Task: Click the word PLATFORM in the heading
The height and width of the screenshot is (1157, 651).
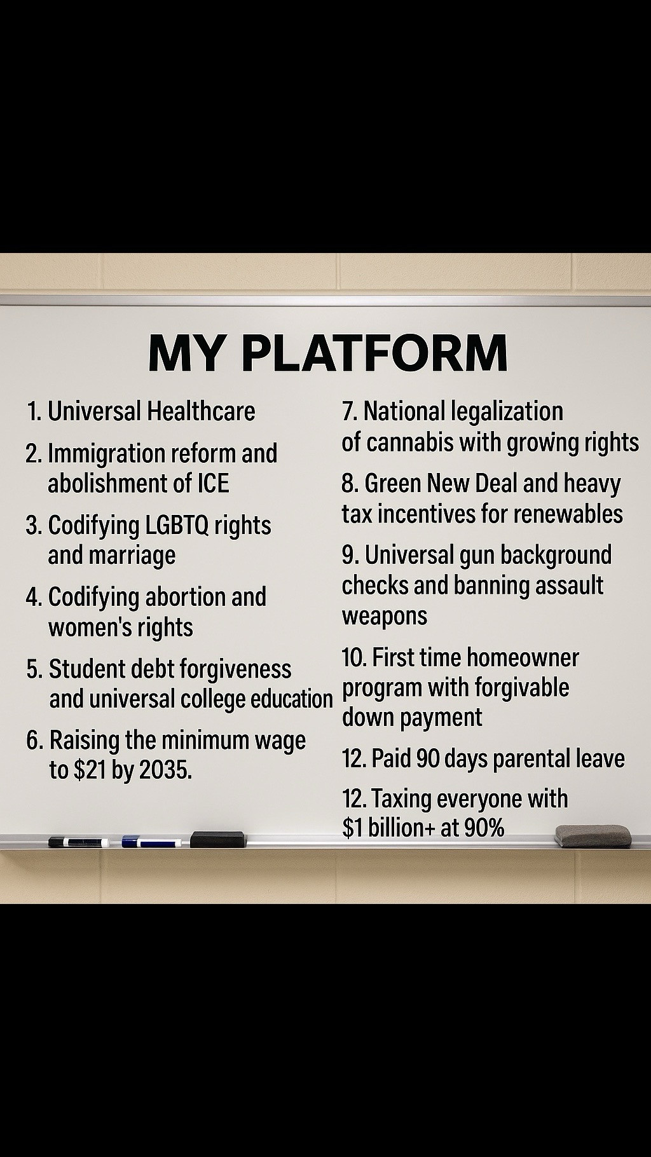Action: pos(374,353)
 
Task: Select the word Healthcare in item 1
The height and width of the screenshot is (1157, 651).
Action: pos(201,411)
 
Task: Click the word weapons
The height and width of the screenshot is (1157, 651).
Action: pos(385,616)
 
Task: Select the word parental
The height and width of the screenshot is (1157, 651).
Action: pos(532,759)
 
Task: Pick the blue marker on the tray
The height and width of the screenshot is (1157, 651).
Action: pos(152,842)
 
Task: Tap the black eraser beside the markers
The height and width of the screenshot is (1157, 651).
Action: pos(218,839)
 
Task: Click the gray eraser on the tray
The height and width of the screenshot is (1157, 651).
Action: pos(593,836)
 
